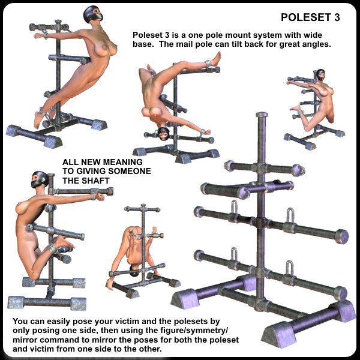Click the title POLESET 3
(x=310, y=17)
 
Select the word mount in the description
(x=237, y=35)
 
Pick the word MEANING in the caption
(x=124, y=162)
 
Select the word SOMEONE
(x=130, y=171)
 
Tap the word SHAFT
(x=94, y=181)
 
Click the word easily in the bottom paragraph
(x=58, y=322)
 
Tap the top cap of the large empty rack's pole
(x=262, y=115)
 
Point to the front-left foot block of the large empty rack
(x=186, y=299)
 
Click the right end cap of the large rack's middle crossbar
(x=342, y=236)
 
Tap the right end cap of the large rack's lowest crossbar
(x=340, y=293)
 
